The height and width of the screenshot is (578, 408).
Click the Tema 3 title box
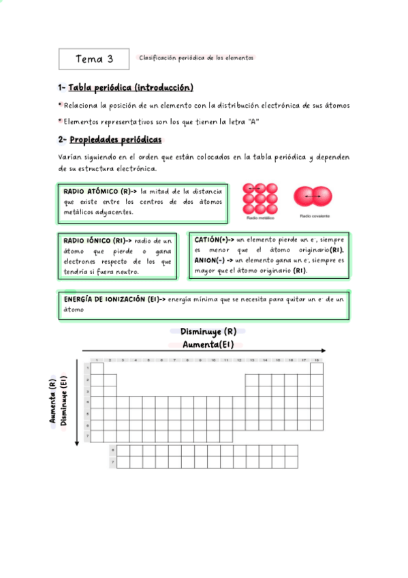tap(94, 59)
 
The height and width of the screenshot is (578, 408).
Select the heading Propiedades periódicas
tap(116, 140)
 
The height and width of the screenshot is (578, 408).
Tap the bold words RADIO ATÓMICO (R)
tap(96, 192)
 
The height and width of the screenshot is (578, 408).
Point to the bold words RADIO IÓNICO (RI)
tap(94, 241)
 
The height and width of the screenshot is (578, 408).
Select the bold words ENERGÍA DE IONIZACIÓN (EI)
tap(112, 299)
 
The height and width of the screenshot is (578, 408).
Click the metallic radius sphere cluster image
tap(260, 198)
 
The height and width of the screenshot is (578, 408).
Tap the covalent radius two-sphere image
tap(313, 196)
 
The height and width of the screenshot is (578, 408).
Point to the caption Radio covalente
tap(314, 217)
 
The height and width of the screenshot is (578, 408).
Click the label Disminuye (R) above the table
tap(208, 332)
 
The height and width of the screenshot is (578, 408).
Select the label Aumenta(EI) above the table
tap(208, 344)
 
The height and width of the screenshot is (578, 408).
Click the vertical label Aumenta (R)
tap(52, 402)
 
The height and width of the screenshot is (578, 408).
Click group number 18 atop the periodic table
tap(316, 359)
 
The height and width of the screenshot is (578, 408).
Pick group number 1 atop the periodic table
tap(97, 359)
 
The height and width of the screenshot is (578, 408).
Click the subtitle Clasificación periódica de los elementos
tap(196, 58)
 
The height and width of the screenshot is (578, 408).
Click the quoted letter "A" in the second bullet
tap(253, 121)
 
